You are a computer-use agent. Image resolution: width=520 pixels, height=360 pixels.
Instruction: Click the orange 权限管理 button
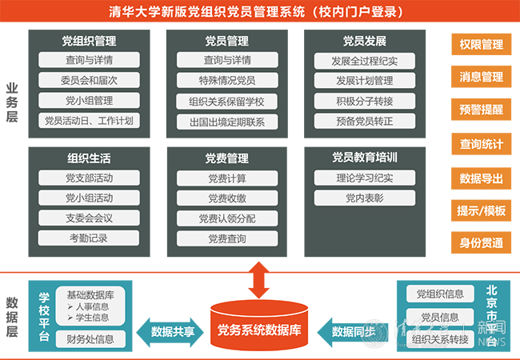pos(482,45)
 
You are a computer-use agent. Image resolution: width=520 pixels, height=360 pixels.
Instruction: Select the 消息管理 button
pos(482,78)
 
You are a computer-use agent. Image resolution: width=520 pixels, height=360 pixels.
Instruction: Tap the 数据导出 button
pos(482,177)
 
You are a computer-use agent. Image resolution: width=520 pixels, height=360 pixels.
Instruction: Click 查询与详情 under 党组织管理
pos(89,60)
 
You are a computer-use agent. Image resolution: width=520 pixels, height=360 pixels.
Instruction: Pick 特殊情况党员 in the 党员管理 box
pos(227,81)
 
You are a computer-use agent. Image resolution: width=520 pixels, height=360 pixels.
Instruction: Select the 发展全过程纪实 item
pos(365,60)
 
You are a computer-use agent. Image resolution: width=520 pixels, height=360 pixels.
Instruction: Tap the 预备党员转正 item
pos(365,121)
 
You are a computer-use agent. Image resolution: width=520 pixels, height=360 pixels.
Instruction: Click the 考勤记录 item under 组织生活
pos(89,238)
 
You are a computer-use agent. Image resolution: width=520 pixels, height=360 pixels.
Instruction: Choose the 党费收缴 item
pos(227,198)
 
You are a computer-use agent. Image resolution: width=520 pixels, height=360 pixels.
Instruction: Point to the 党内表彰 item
pos(365,198)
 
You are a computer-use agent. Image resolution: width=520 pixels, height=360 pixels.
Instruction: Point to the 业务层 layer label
pos(12,100)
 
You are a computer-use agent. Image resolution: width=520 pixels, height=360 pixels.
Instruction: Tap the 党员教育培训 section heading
pos(365,157)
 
